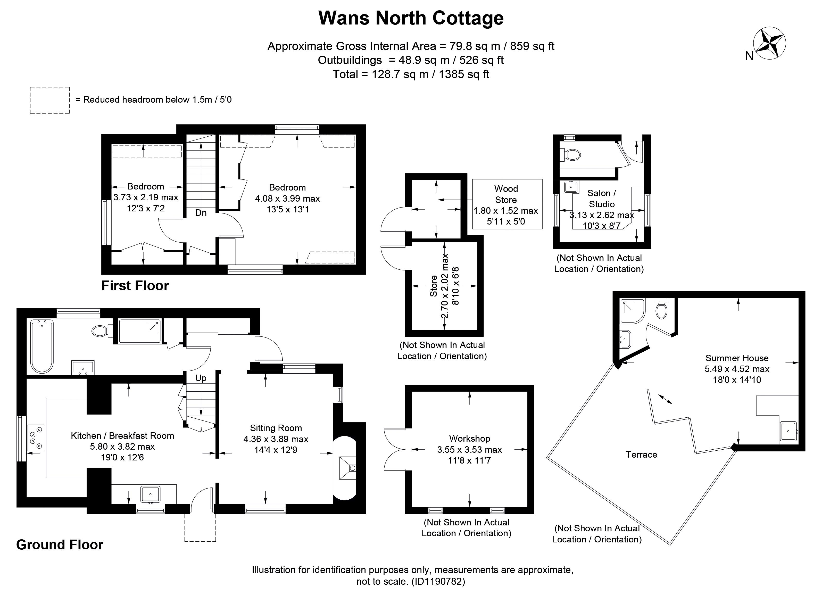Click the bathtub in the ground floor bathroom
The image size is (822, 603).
point(42,346)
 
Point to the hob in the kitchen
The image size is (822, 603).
point(36,438)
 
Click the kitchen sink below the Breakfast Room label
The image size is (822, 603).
point(150,494)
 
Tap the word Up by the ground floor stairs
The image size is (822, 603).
point(201,378)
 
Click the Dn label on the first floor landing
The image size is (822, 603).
point(201,213)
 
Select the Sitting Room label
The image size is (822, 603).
point(276,428)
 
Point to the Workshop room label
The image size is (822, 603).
point(470,438)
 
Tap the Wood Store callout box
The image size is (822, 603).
point(507,204)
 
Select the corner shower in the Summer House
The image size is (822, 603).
point(632,311)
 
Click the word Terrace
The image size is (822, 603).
point(641,455)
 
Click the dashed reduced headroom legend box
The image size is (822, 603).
point(50,100)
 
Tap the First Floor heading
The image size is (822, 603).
point(135,285)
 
